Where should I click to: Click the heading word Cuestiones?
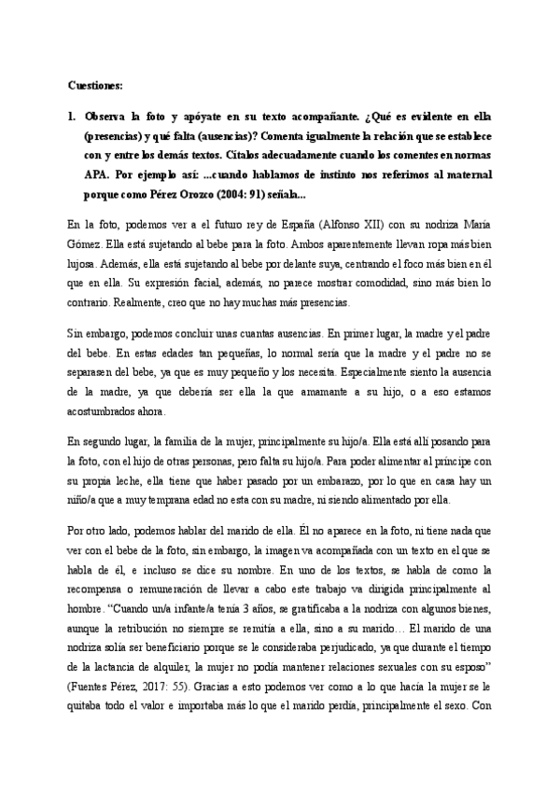tap(95, 85)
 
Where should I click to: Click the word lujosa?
tap(85, 264)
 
